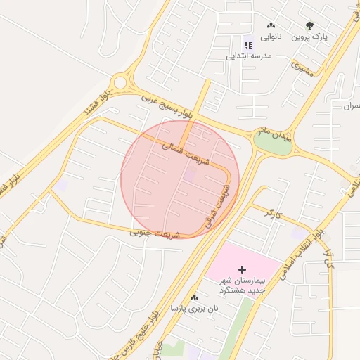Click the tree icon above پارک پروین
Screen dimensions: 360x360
click(310, 25)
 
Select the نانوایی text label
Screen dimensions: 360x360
click(271, 36)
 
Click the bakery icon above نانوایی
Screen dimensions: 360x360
click(271, 25)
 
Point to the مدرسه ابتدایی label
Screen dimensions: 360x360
click(247, 55)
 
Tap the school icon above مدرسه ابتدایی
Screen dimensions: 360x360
click(247, 45)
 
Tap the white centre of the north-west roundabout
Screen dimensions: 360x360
click(120, 83)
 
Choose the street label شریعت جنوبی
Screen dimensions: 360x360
click(155, 233)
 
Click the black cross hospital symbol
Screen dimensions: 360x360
click(243, 269)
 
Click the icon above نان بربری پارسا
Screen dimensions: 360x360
click(194, 298)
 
